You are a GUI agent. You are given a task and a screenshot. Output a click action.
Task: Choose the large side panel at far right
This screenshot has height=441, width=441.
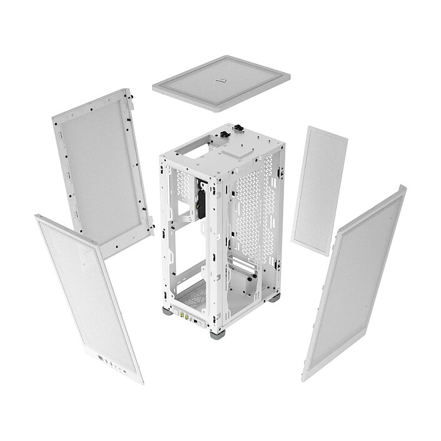pos(354,281)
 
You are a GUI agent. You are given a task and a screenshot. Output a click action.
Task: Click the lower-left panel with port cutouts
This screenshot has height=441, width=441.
pos(88,294)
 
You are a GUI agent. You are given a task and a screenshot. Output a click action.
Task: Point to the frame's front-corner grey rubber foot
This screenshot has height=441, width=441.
pos(217,334)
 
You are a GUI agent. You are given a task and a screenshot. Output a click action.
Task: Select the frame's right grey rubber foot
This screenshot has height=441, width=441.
pos(274,298)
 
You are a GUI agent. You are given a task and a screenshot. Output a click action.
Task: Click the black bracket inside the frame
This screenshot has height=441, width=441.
pos(201,200)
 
